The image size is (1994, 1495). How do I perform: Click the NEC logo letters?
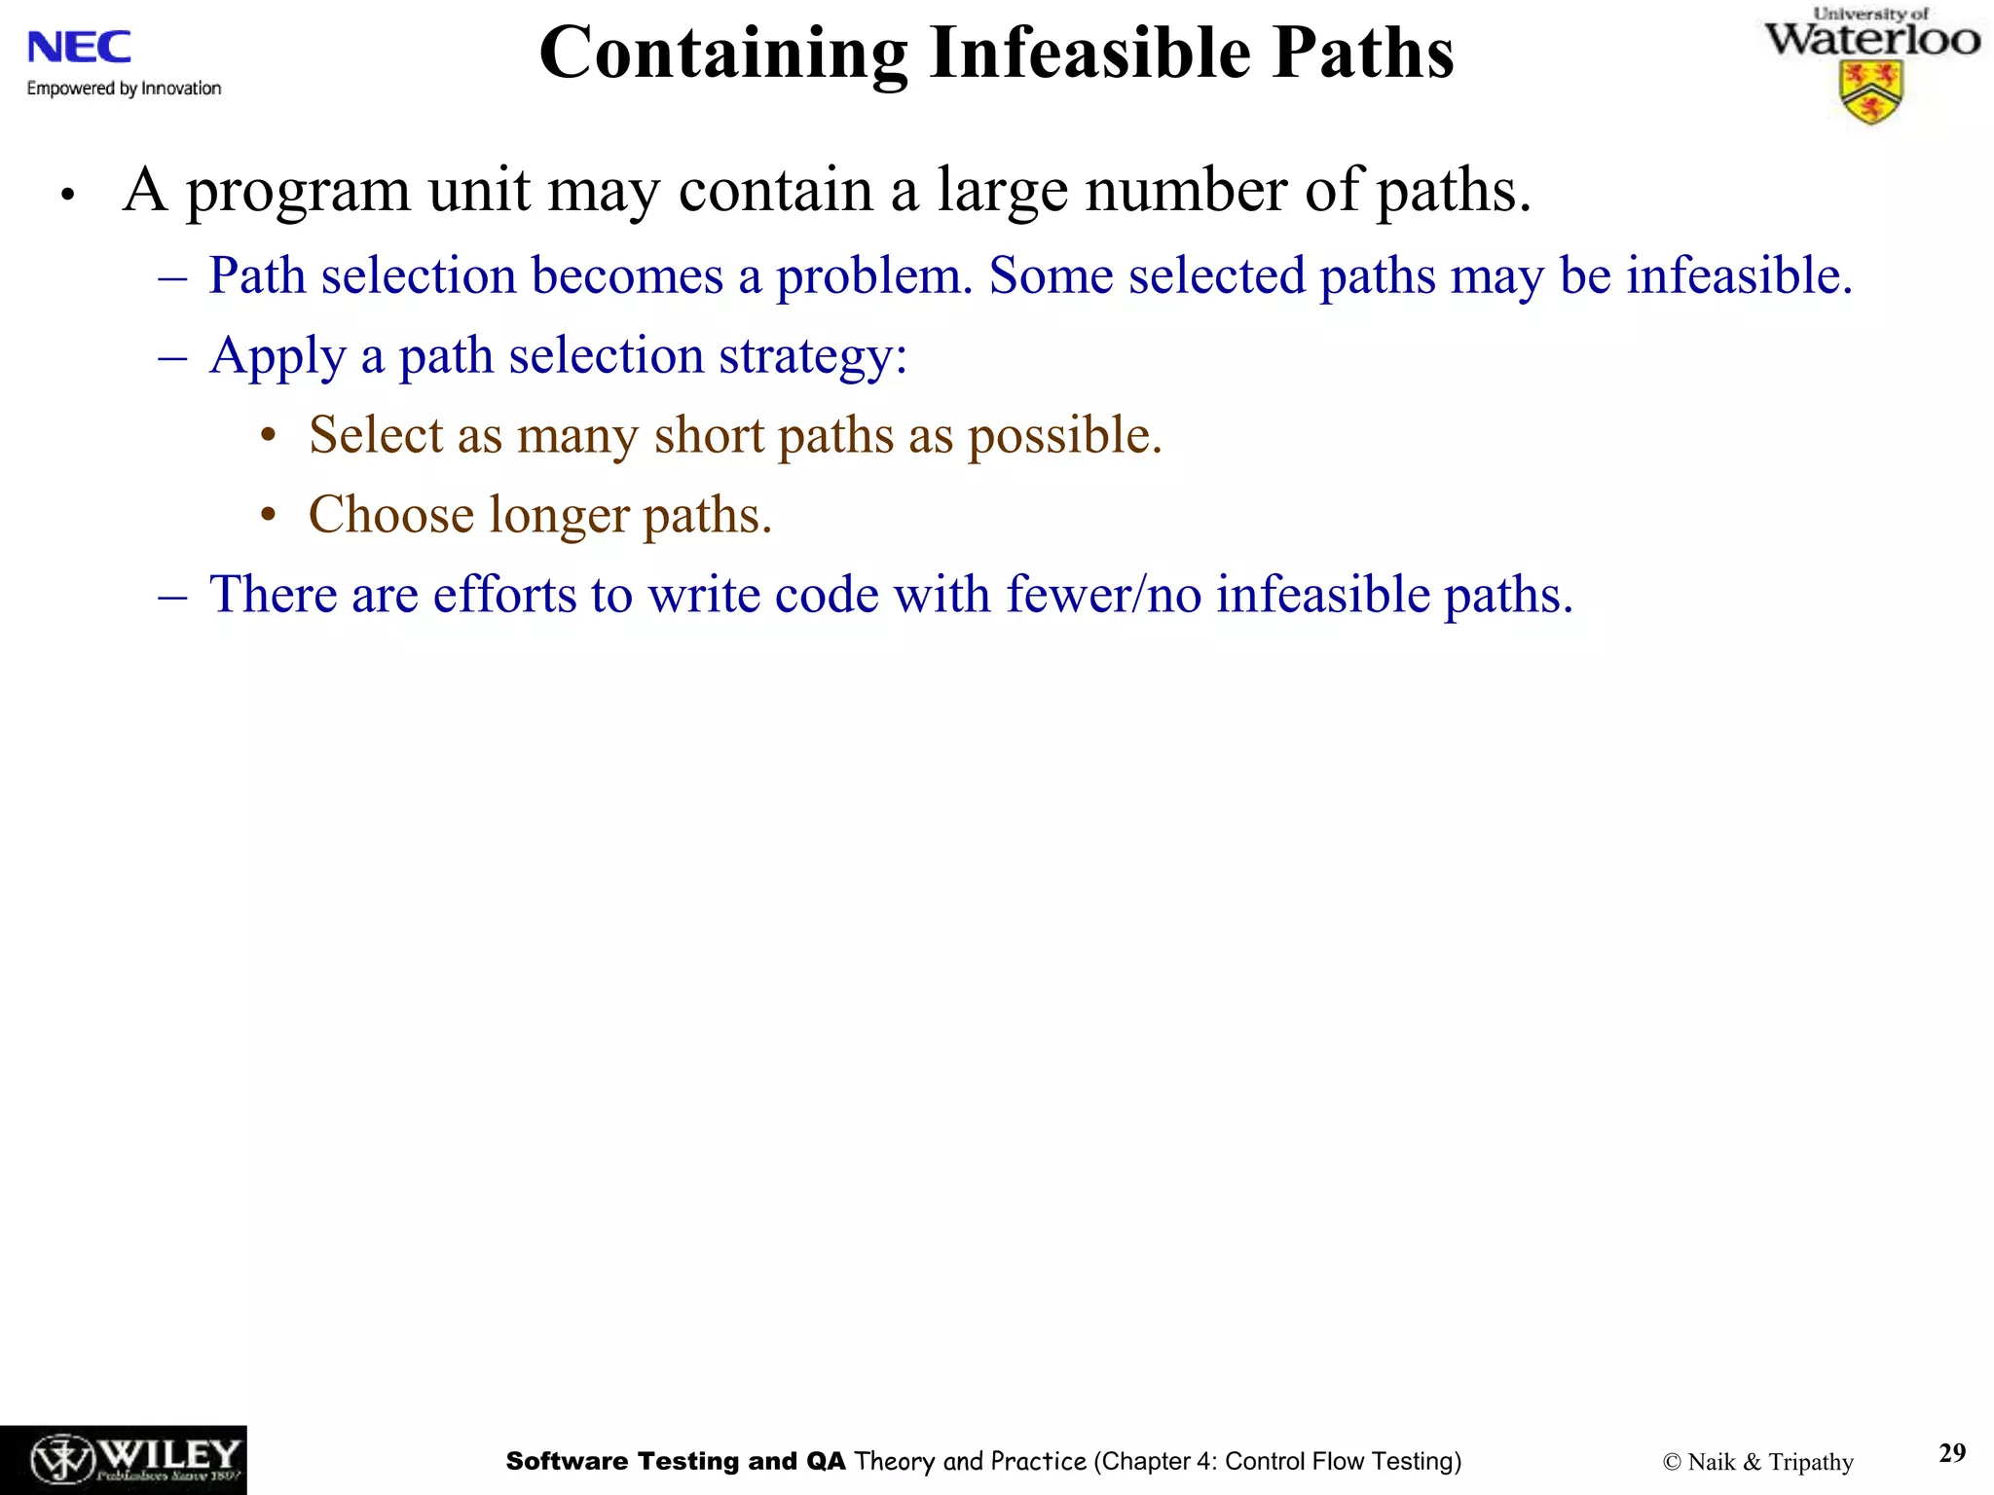coord(79,47)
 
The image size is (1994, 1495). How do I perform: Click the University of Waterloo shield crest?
coord(1871,92)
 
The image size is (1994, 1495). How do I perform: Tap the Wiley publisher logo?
coord(124,1460)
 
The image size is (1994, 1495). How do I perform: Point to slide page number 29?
coord(1952,1453)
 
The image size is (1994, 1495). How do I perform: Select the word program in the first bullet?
coord(298,192)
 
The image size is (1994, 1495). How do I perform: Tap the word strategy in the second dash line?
coord(812,356)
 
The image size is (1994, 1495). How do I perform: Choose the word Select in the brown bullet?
coord(375,435)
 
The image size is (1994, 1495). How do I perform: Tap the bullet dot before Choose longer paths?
coord(269,516)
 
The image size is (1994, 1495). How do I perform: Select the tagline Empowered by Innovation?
coord(124,89)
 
